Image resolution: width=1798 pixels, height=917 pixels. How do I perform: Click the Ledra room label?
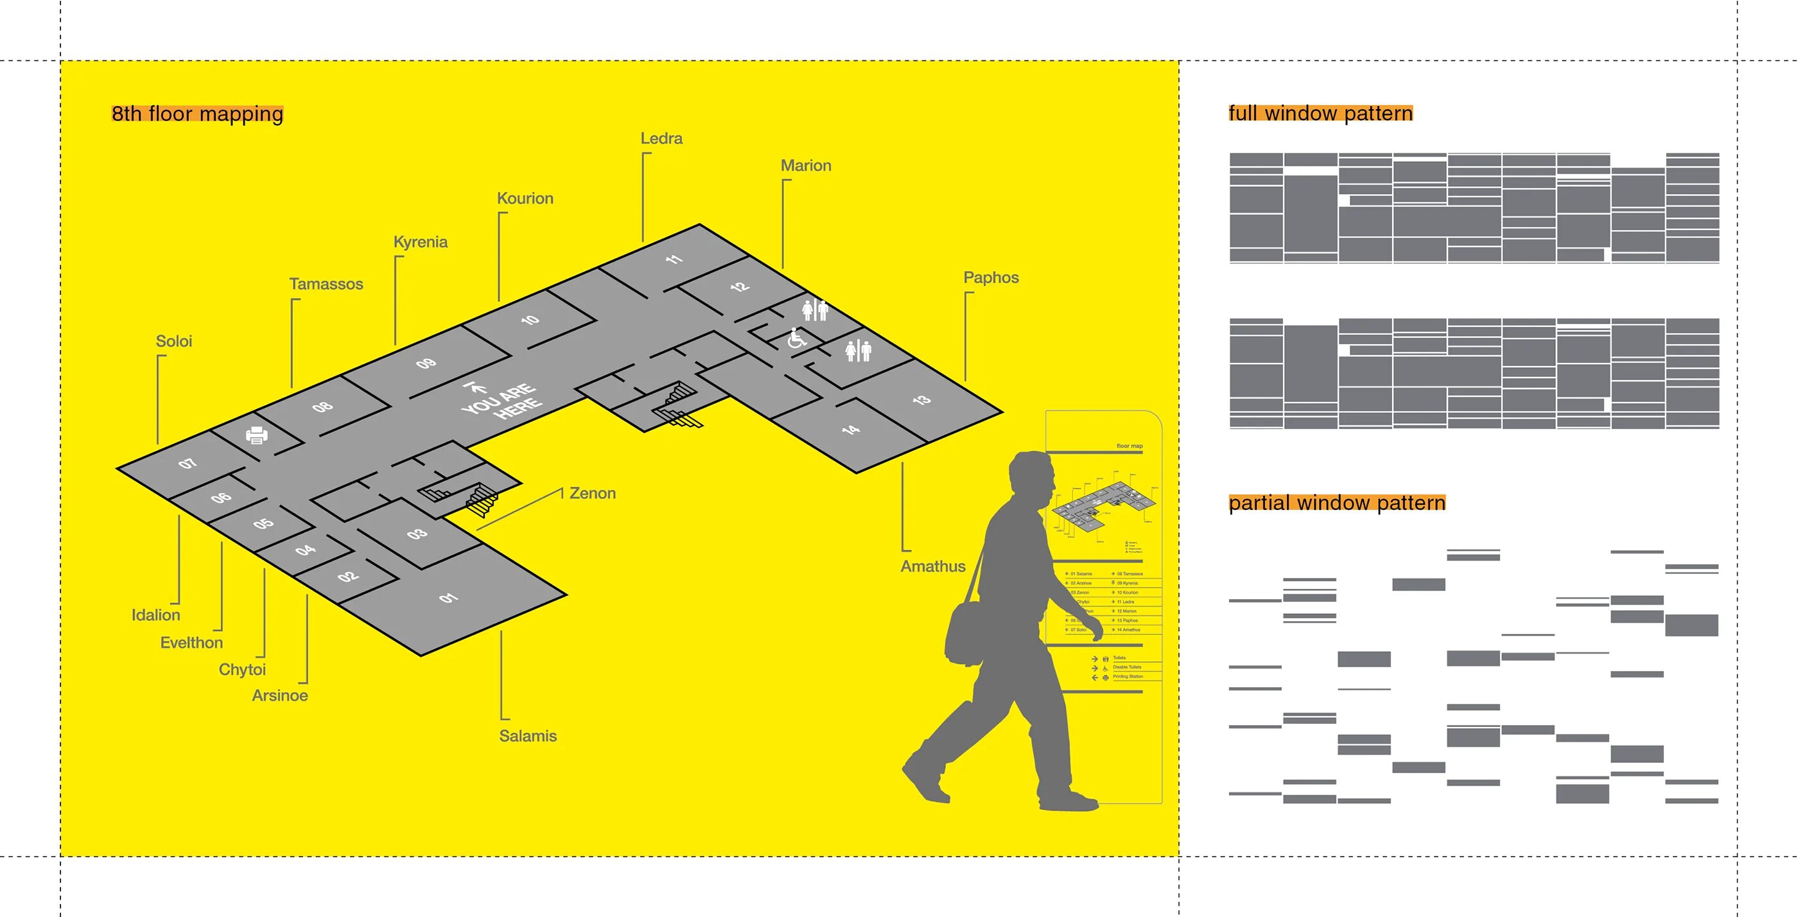pos(661,138)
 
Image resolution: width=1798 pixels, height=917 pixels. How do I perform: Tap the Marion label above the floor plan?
pos(805,166)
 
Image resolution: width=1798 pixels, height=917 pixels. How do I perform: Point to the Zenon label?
pos(592,493)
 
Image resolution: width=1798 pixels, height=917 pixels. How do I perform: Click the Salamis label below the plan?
pos(528,735)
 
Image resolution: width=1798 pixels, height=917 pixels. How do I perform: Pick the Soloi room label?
pos(173,340)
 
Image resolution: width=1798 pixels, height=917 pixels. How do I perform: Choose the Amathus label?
pos(932,566)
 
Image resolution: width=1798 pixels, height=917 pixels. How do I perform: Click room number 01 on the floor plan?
pos(448,598)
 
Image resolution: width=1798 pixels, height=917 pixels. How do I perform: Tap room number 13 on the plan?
pos(921,400)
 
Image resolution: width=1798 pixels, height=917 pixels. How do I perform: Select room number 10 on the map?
pos(530,320)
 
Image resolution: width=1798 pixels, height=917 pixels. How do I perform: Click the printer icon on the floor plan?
pos(257,435)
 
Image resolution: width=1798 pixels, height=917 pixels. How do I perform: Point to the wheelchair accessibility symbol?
pos(796,338)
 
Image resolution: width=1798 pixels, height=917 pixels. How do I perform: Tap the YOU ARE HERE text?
pos(501,401)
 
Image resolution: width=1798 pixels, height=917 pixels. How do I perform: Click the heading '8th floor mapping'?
pos(198,113)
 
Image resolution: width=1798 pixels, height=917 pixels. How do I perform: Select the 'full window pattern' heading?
pos(1320,113)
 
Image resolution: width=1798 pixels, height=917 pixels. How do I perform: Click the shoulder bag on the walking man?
pos(969,633)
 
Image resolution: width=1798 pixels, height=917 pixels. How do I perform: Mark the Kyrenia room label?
pos(420,241)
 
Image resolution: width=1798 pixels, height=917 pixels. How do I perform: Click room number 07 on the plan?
pos(187,464)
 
